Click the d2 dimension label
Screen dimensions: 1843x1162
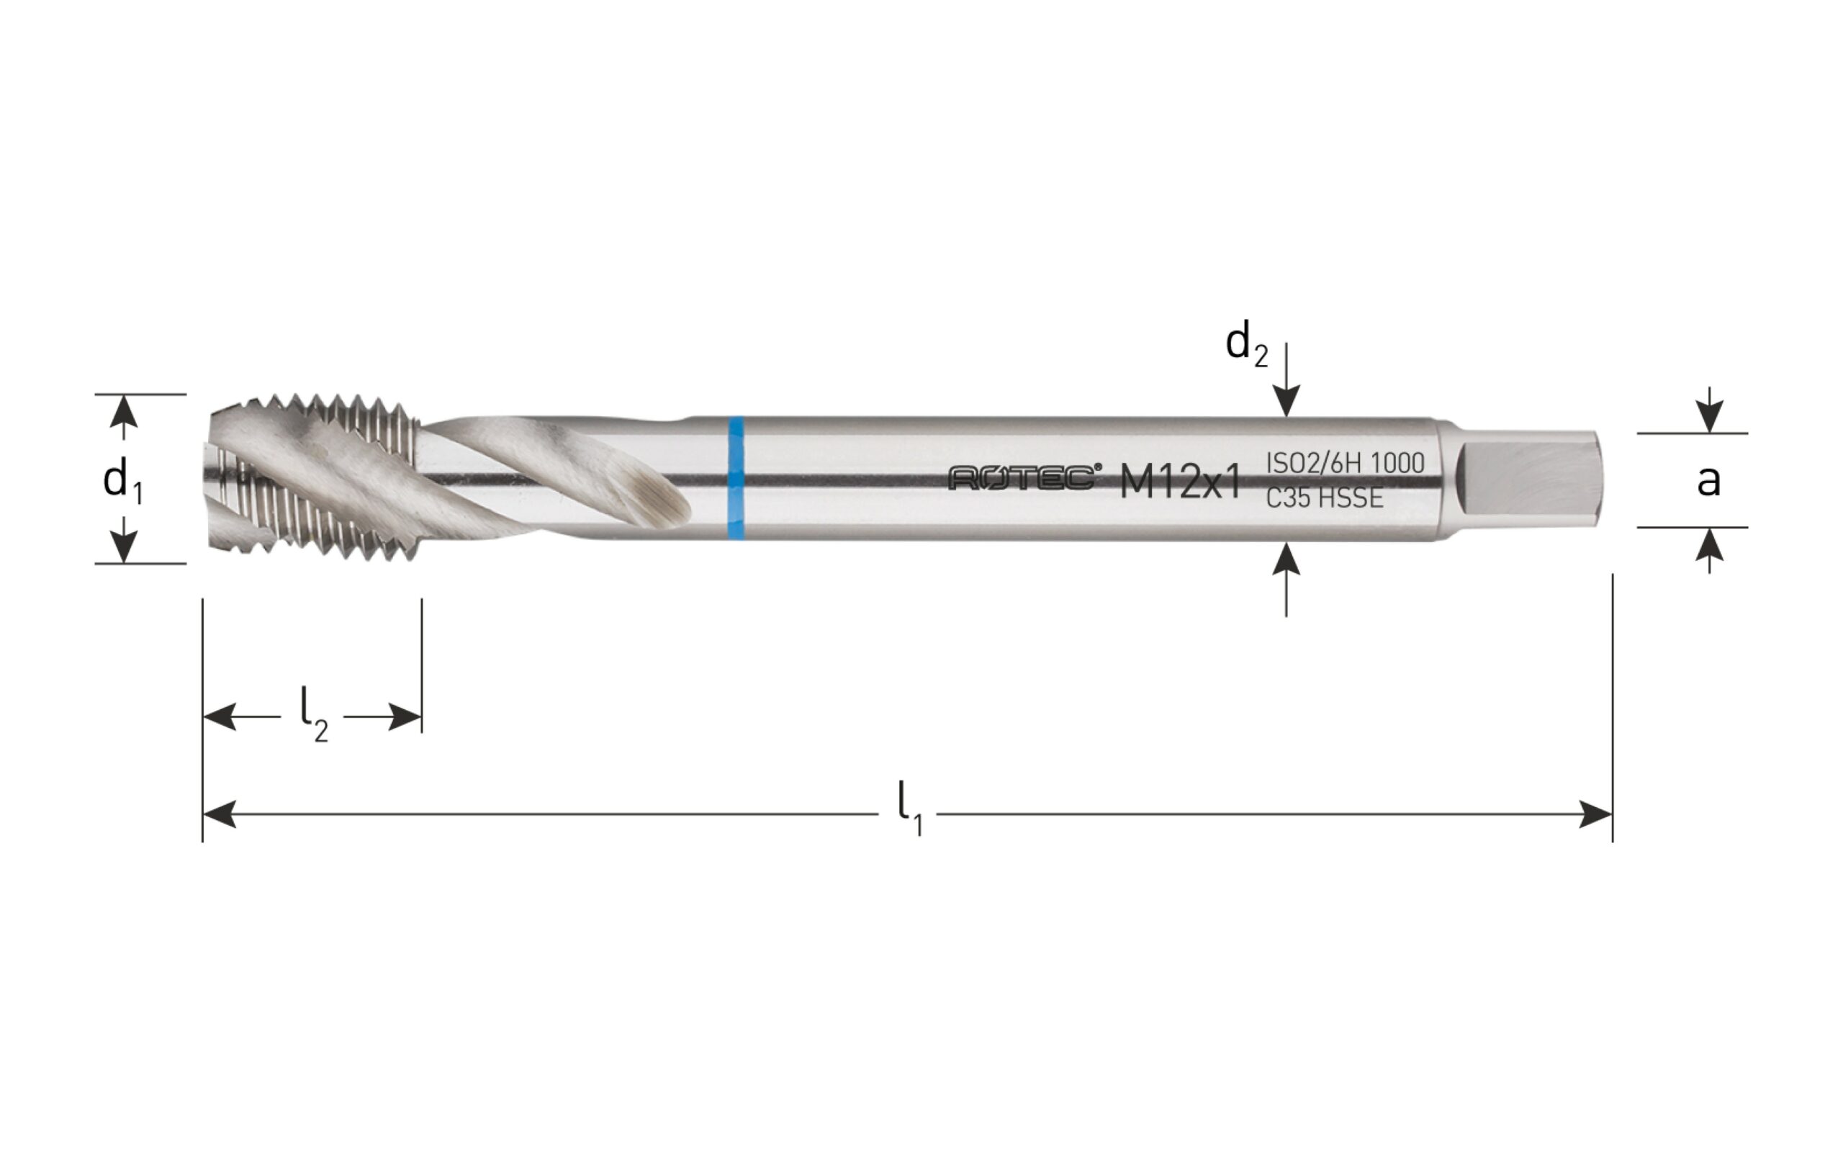[1246, 346]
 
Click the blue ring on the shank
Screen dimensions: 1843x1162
[736, 479]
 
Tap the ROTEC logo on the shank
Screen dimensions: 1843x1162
[1026, 479]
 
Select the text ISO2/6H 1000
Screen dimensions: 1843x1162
[1346, 463]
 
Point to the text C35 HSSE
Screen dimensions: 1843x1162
[1325, 498]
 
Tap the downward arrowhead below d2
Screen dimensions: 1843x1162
[1287, 402]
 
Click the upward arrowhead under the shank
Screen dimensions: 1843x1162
[1287, 558]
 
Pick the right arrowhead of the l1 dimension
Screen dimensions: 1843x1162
[1597, 815]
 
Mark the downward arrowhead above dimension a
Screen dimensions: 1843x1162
[1710, 417]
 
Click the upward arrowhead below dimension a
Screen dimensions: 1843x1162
[1710, 544]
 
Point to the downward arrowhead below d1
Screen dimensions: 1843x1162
[124, 546]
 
